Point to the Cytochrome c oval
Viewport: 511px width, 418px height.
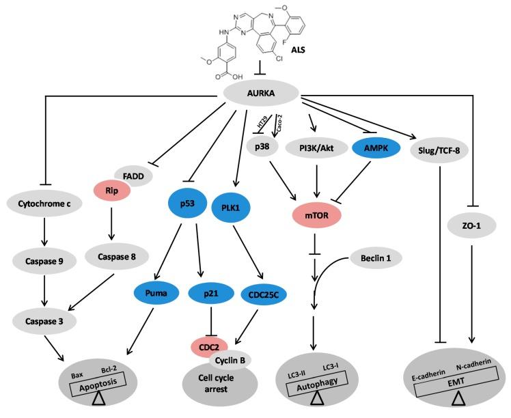coord(45,202)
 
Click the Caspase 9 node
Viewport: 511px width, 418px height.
coord(45,260)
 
